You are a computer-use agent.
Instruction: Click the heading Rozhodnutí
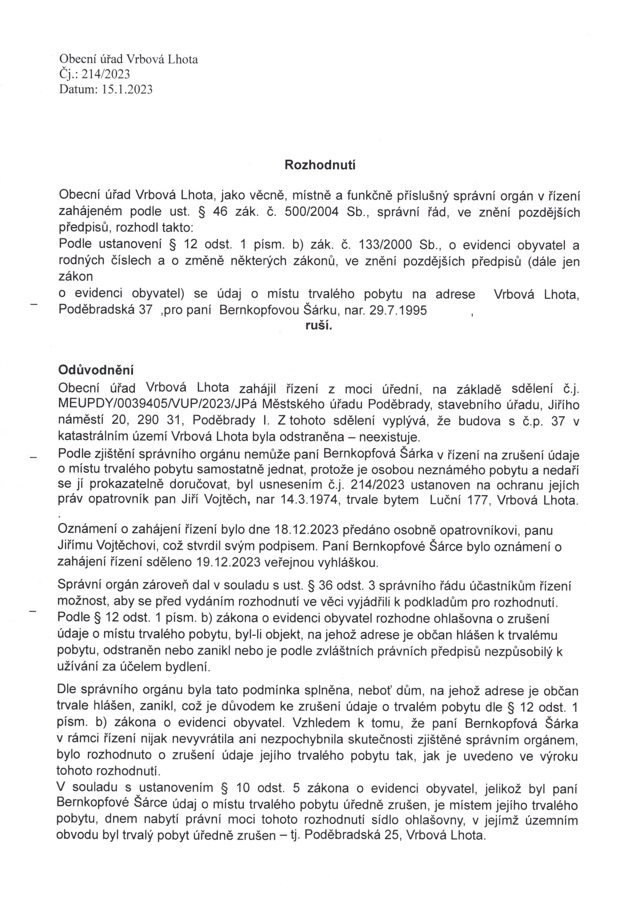[x=320, y=165]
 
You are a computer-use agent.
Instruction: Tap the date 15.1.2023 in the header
[x=127, y=90]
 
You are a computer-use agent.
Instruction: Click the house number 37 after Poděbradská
[x=145, y=310]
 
